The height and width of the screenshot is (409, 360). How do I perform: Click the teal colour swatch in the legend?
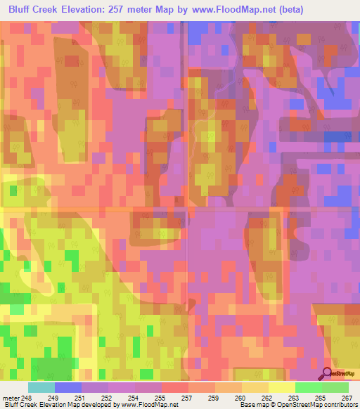coord(41,387)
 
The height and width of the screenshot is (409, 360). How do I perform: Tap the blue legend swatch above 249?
coord(68,387)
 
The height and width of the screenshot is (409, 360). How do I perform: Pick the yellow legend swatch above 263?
coord(282,387)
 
